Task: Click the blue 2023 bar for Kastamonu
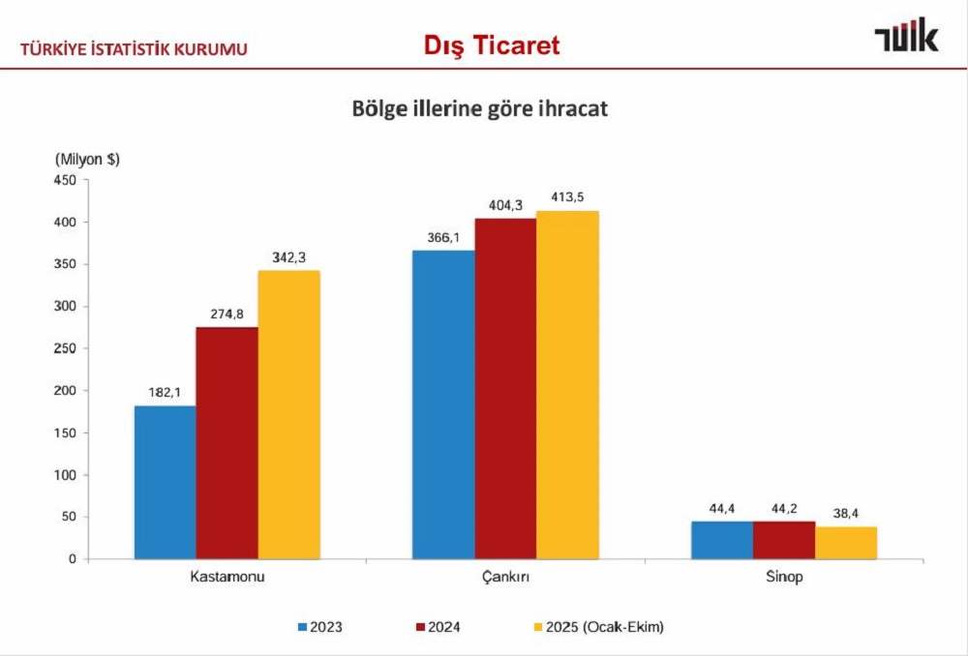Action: (x=166, y=482)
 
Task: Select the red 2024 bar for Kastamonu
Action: (x=227, y=442)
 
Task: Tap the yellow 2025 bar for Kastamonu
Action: (x=288, y=414)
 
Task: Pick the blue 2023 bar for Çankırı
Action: (x=443, y=404)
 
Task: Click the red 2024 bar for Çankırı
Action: (x=505, y=388)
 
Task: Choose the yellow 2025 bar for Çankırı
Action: (x=567, y=384)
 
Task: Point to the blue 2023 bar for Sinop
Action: (x=722, y=540)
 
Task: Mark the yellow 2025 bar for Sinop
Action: (x=846, y=543)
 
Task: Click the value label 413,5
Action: (x=566, y=197)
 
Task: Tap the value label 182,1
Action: (x=165, y=392)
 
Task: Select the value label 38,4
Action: (x=846, y=513)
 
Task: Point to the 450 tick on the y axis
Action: (x=65, y=180)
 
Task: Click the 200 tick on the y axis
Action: (x=65, y=391)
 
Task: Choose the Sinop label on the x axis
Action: (x=784, y=578)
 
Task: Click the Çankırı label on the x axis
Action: (x=505, y=578)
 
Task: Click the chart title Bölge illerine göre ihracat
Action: (x=479, y=109)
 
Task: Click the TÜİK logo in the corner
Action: (x=906, y=39)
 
